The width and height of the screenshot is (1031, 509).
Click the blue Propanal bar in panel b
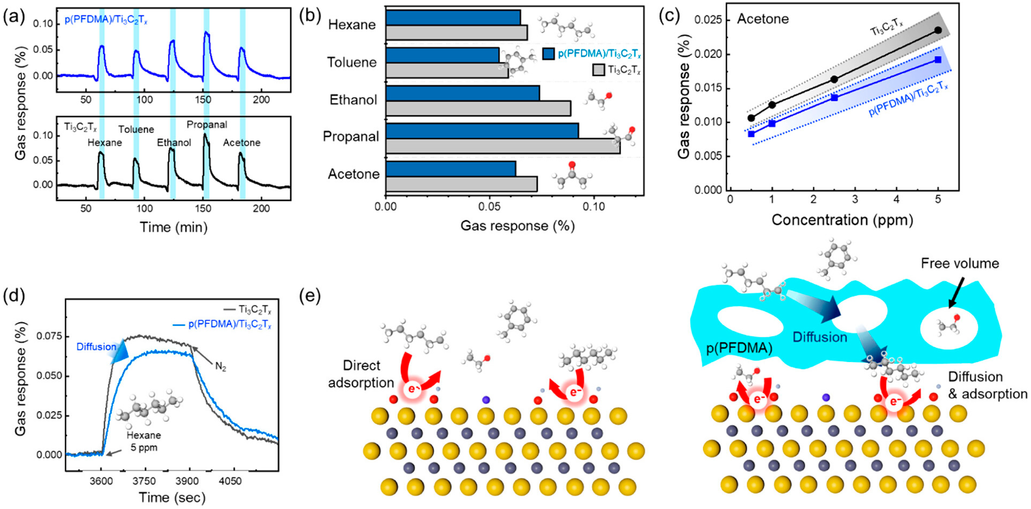point(482,131)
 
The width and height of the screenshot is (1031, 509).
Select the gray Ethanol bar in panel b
point(478,109)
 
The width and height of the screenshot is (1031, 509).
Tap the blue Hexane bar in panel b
point(453,18)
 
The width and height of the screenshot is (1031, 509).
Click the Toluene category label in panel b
point(352,63)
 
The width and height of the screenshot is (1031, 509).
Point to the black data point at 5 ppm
point(938,30)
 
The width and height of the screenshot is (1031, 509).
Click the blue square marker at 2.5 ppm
point(834,97)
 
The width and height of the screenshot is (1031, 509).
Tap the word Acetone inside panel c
point(763,19)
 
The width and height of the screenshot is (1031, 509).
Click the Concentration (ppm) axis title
point(842,220)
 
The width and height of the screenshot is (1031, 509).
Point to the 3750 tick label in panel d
point(144,481)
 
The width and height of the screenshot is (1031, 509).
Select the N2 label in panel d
point(220,366)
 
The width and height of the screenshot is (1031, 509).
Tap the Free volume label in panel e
point(960,264)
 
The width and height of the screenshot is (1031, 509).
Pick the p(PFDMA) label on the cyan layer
point(739,348)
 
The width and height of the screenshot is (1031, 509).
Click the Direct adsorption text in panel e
point(361,374)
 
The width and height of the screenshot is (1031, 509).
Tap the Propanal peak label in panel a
point(207,125)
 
